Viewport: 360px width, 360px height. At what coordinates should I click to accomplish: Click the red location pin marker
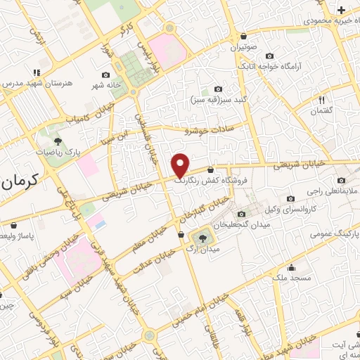tap(181, 165)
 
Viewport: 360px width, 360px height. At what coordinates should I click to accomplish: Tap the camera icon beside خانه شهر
tap(106, 75)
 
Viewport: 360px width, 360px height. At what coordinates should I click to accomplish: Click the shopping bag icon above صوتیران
tap(243, 37)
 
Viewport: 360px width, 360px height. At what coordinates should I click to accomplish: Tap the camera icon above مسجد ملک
tap(291, 267)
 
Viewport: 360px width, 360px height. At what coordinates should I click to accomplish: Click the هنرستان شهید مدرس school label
tap(38, 83)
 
